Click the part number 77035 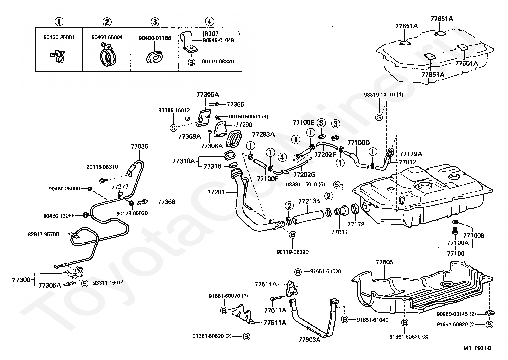[139, 146]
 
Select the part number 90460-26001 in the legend [59, 37]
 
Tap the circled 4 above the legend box [209, 22]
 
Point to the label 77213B [309, 201]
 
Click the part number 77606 [384, 262]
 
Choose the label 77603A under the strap [310, 340]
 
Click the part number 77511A [275, 323]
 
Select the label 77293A [263, 135]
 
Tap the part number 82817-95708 [43, 234]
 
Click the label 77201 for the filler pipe [216, 192]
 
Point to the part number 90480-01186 [155, 38]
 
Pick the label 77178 [356, 224]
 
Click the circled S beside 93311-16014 [84, 283]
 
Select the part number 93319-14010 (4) [384, 95]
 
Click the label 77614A [265, 284]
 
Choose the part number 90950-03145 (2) [456, 314]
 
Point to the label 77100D [358, 143]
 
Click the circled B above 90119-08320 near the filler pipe [293, 235]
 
